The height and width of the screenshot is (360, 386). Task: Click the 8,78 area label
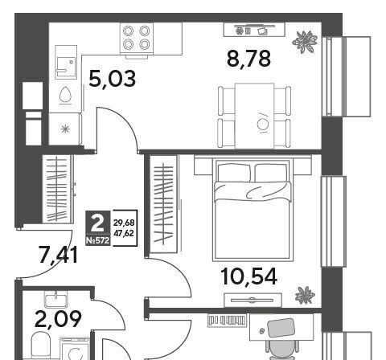[x=248, y=59]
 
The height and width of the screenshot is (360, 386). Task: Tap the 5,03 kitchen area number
[x=112, y=79]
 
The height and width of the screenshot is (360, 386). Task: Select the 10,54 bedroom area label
[x=248, y=276]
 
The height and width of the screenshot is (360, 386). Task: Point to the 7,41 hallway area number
[x=58, y=255]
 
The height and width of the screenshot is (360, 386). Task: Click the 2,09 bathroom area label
[x=58, y=319]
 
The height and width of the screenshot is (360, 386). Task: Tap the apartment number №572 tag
[x=98, y=241]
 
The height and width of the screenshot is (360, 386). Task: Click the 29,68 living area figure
[x=124, y=223]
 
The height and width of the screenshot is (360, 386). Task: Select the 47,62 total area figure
[x=124, y=233]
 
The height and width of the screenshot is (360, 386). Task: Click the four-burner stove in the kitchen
[x=137, y=39]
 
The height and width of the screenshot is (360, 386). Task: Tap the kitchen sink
[x=66, y=62]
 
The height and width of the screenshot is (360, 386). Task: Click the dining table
[x=254, y=116]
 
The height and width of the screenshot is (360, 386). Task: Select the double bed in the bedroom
[x=252, y=210]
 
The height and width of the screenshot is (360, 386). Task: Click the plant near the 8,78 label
[x=305, y=42]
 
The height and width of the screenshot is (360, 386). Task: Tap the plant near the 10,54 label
[x=305, y=295]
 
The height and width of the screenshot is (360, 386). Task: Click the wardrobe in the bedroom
[x=163, y=204]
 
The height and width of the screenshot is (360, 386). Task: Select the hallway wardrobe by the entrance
[x=58, y=189]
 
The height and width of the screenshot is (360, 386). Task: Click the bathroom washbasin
[x=56, y=299]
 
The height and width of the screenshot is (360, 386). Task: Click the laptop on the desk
[x=281, y=328]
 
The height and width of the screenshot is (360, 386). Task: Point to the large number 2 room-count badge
[x=97, y=224]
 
